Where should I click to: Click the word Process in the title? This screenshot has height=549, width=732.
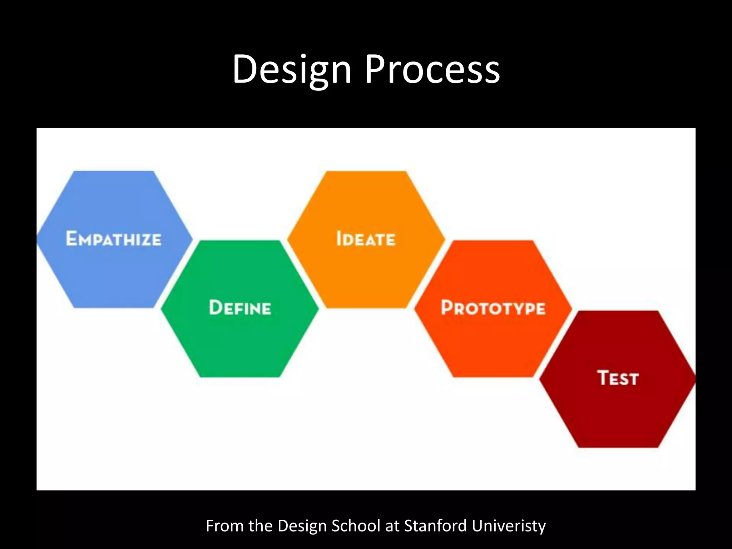[432, 70]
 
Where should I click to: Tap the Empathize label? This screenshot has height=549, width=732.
[114, 239]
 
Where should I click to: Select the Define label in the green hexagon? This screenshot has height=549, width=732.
[240, 308]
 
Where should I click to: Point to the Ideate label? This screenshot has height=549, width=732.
[366, 239]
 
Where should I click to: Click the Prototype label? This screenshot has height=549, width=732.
[493, 308]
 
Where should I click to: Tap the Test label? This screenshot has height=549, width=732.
[618, 378]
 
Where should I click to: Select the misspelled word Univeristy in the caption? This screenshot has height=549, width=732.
[509, 526]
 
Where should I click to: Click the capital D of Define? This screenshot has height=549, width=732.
[216, 307]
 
